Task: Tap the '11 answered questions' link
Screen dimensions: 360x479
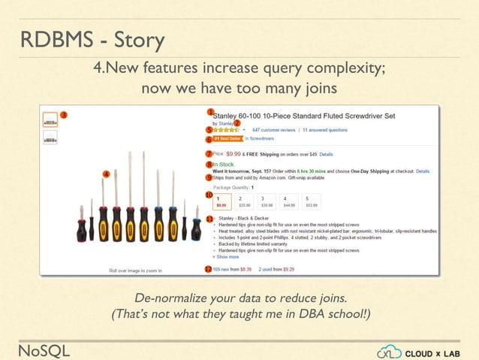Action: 324,129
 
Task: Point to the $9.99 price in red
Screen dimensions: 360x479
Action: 233,153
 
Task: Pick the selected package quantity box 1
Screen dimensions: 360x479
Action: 222,201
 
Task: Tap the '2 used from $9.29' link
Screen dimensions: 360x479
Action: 277,268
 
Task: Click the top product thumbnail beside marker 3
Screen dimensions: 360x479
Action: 50,119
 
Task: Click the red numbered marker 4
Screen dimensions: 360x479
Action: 107,174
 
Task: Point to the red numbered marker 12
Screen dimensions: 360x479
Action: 208,268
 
